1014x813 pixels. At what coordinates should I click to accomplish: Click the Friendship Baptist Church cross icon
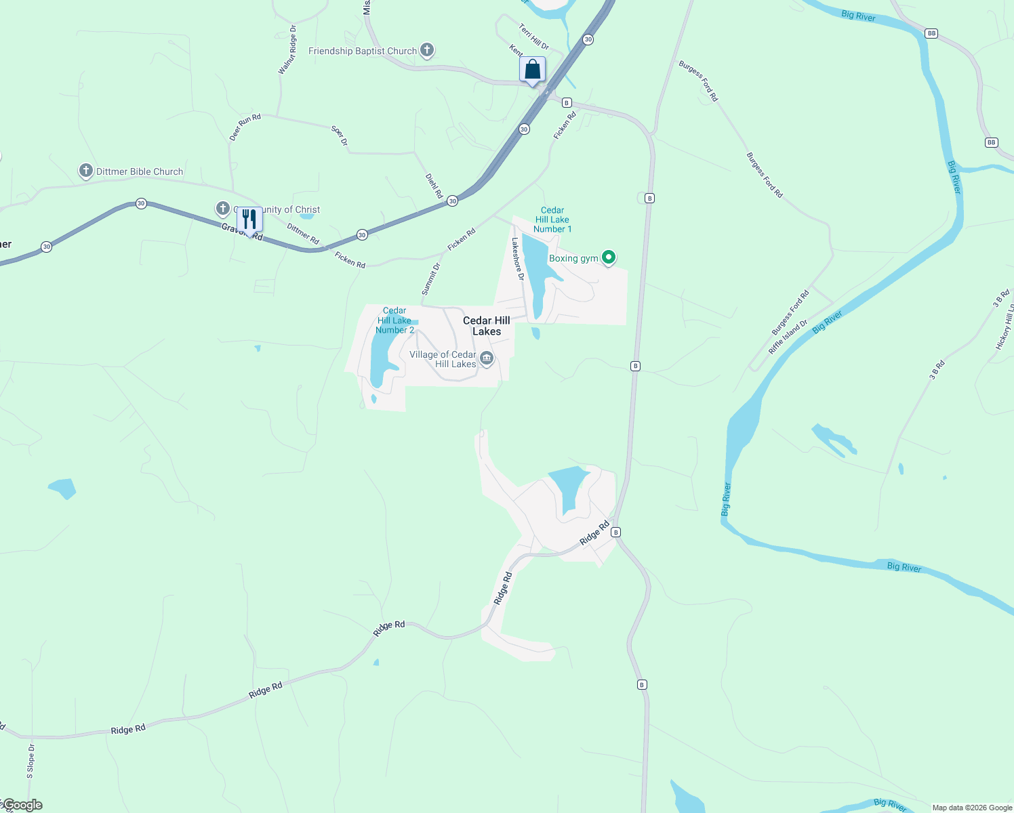[426, 50]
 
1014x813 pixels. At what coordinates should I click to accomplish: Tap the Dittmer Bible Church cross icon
[86, 171]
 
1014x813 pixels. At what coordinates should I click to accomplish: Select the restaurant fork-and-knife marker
[249, 220]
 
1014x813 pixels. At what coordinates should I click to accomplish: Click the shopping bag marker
[533, 69]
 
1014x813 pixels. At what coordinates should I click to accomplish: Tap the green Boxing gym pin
[609, 257]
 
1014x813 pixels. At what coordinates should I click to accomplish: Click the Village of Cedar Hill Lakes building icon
[487, 358]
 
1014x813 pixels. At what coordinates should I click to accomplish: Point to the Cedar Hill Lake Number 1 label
[552, 220]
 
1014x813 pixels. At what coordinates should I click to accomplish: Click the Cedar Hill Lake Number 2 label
[394, 320]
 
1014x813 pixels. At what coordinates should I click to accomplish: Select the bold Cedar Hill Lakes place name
[487, 326]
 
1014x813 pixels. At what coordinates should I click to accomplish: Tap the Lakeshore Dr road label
[519, 258]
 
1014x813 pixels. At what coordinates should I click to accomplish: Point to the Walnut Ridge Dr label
[287, 49]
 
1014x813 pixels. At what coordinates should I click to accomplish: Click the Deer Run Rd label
[245, 127]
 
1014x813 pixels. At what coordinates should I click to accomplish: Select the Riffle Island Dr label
[788, 337]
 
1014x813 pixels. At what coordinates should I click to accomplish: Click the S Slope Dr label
[31, 761]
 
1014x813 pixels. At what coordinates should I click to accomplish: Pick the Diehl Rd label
[434, 186]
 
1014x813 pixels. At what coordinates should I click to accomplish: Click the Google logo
[22, 805]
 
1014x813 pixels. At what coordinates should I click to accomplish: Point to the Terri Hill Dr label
[534, 37]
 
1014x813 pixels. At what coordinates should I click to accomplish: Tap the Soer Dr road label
[339, 135]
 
